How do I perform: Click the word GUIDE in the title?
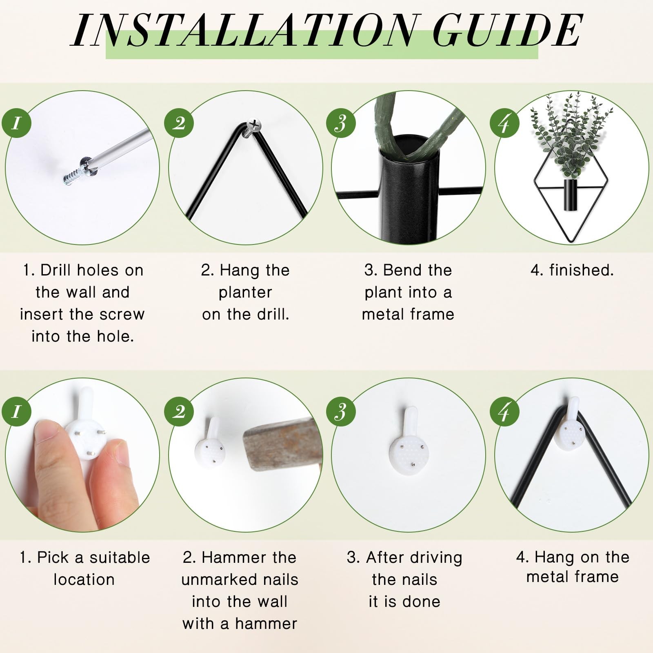coord(507,31)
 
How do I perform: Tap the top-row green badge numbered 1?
coord(16,122)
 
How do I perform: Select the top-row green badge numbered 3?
coord(341,122)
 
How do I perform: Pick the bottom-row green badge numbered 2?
coord(179,411)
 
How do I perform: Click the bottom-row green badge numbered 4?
coord(504,411)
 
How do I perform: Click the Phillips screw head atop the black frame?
coord(254,125)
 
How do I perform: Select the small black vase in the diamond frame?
coord(570,195)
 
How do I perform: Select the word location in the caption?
coord(84,580)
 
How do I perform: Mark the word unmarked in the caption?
coord(240,580)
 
